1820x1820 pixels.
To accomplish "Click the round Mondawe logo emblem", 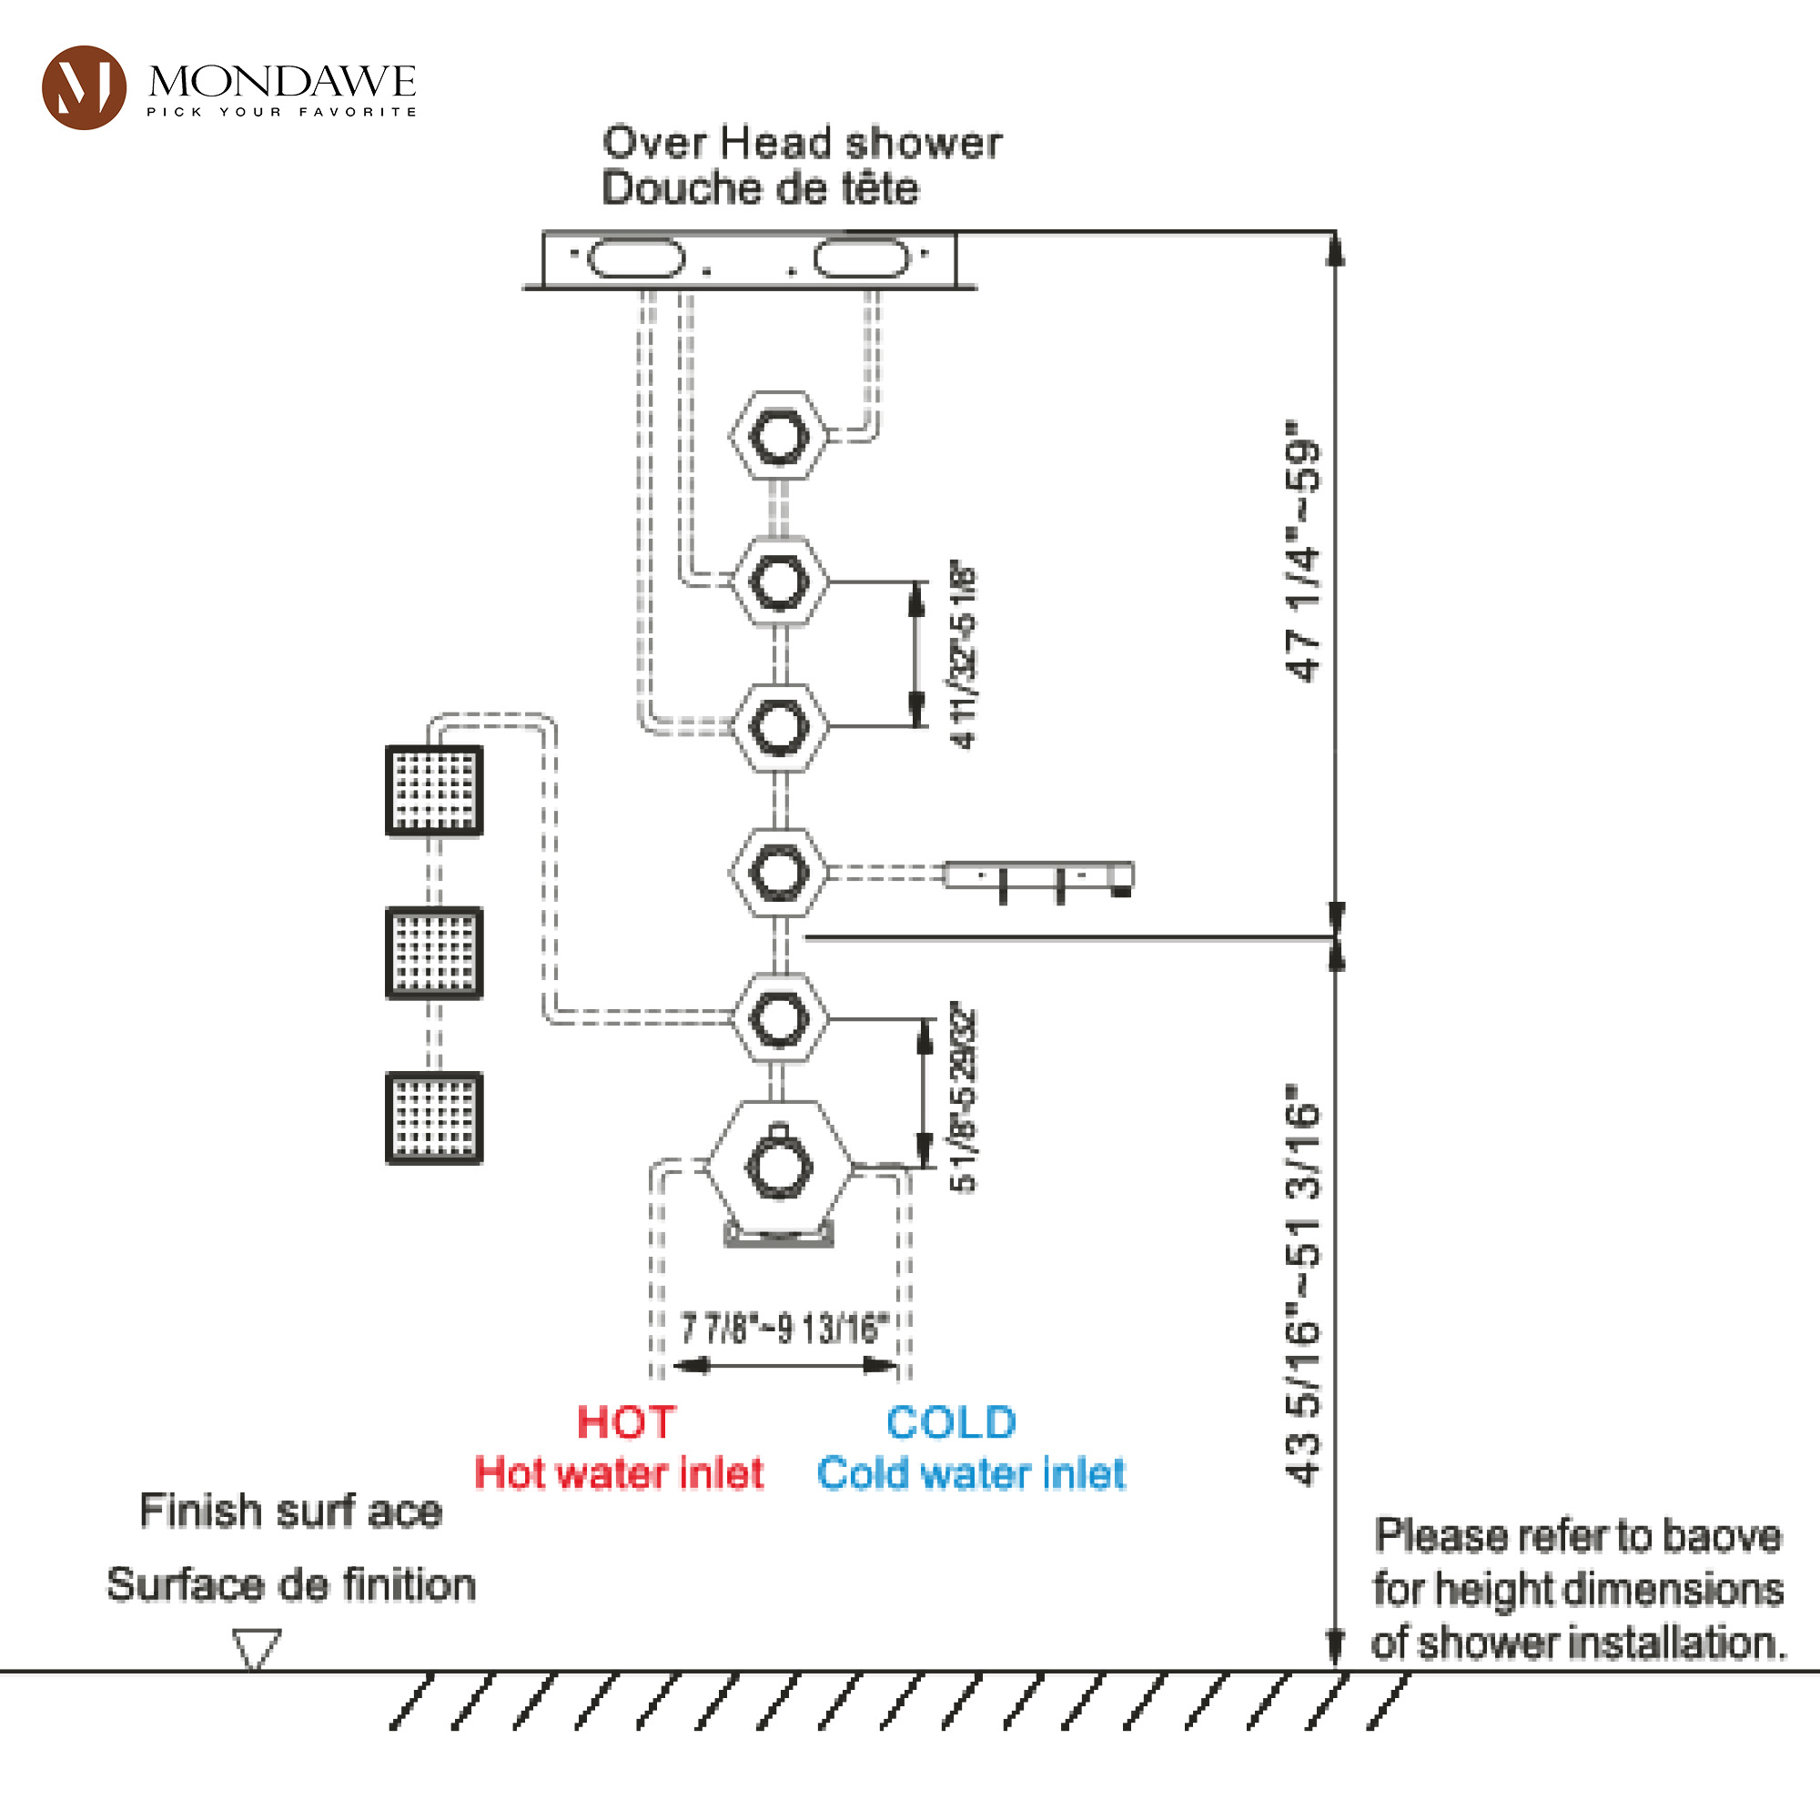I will pos(84,86).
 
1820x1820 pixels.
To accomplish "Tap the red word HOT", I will pos(626,1422).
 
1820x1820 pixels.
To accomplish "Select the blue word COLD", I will pos(952,1422).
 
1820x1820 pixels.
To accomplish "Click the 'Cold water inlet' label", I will pos(971,1473).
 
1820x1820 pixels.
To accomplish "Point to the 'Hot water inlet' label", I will pos(619,1473).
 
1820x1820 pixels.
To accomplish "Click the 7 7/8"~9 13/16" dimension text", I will pos(784,1330).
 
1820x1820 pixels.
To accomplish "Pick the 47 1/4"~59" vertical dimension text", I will pos(1305,551).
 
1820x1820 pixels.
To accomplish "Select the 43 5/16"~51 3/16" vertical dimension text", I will pos(1305,1286).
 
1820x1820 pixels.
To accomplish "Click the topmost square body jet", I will pos(434,791).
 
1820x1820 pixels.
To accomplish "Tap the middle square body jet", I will pos(434,953).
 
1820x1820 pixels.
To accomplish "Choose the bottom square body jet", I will pos(434,1117).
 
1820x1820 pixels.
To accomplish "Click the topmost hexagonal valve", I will pos(779,437).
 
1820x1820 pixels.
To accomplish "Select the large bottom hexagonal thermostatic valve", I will pos(779,1169).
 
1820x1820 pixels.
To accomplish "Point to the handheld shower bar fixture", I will pos(1039,877).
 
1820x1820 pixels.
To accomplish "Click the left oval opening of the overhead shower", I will pos(636,258).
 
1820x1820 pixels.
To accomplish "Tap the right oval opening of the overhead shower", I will pos(862,258).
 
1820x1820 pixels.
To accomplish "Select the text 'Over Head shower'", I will pos(803,143).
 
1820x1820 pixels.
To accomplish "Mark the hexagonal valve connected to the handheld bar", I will pos(779,873).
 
